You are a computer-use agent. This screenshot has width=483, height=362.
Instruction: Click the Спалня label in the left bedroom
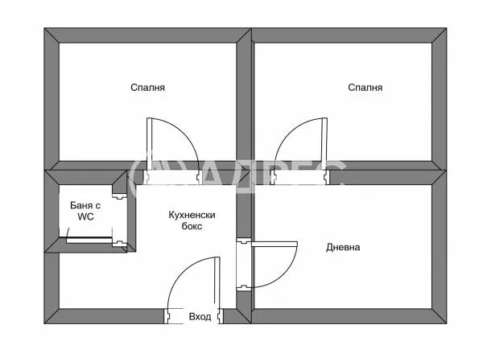(x=147, y=88)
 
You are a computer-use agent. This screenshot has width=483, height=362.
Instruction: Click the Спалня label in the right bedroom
(x=365, y=88)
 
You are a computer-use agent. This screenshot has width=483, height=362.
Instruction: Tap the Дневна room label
(x=343, y=247)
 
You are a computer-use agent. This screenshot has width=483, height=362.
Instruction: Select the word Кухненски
(x=192, y=215)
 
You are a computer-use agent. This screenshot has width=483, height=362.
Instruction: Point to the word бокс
(x=192, y=226)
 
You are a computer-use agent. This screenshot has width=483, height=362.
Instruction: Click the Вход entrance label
(x=200, y=317)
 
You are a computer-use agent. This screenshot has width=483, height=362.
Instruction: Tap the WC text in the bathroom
(x=85, y=216)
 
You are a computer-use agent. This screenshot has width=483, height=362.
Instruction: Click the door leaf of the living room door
(x=275, y=245)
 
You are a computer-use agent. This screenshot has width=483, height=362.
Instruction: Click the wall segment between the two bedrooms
(x=245, y=101)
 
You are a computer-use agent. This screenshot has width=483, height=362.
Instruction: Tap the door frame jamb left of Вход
(x=167, y=316)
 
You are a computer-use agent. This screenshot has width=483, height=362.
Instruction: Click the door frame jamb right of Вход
(x=221, y=316)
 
